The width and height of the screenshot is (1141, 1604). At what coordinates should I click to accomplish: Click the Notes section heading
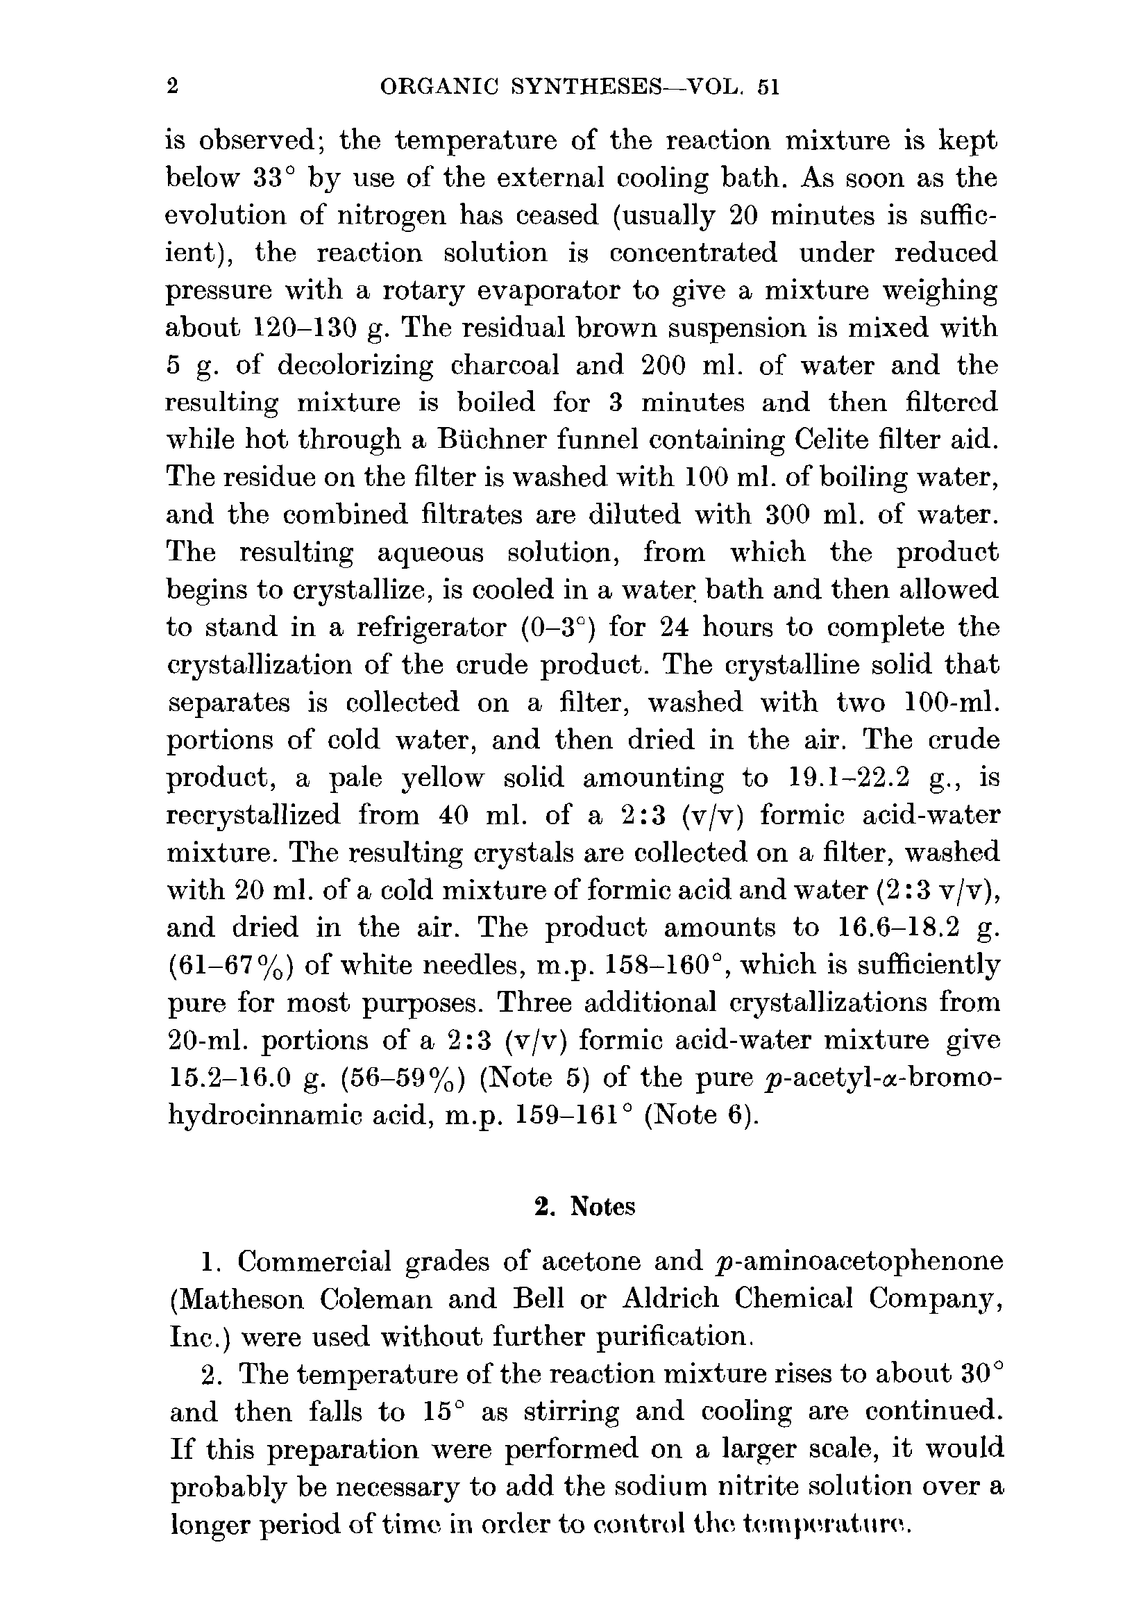point(584,1206)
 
